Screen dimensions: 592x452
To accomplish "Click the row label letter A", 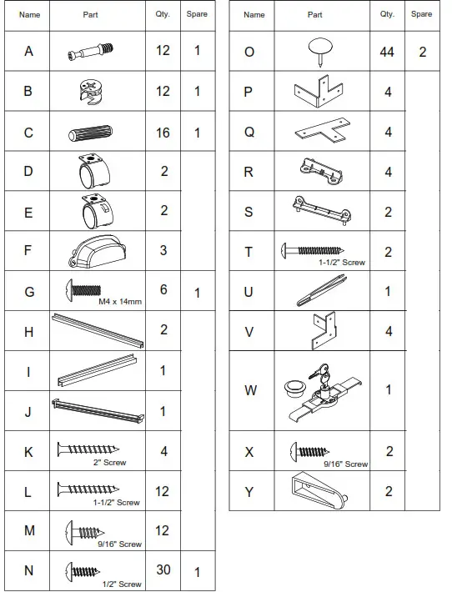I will (29, 51).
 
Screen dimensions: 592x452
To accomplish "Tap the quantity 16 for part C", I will (163, 132).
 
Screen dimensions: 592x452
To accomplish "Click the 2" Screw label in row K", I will (109, 462).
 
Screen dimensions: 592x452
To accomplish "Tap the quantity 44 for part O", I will (388, 52).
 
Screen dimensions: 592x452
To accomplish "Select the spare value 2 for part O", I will (423, 52).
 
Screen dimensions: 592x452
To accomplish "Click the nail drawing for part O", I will (318, 50).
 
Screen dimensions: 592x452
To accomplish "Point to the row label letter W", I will (250, 390).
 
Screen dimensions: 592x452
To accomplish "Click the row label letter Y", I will (249, 491).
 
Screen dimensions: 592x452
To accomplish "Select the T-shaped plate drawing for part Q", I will (318, 131).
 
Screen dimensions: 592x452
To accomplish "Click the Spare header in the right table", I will (422, 14).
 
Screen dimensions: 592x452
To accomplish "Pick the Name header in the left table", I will (29, 14).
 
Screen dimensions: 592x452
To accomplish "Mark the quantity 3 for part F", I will (163, 250).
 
